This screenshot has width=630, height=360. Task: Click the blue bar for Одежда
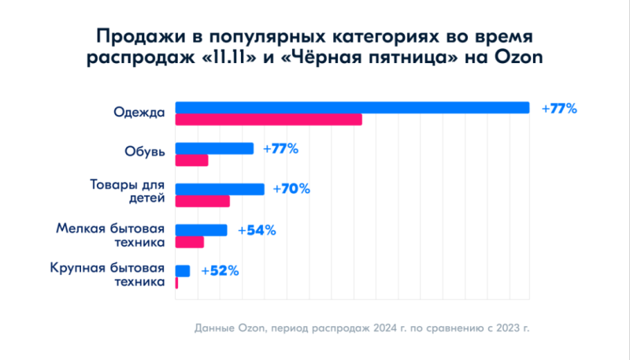tap(351, 108)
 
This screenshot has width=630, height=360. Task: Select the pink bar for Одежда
tap(268, 120)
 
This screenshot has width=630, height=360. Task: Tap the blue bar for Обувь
tap(214, 148)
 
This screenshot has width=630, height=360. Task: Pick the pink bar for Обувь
tap(191, 161)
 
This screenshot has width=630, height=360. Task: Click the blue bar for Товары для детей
tap(219, 189)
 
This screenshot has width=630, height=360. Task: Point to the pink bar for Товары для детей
tap(202, 201)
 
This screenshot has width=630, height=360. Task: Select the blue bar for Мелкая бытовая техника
tap(201, 230)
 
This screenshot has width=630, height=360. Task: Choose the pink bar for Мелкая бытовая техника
tap(189, 242)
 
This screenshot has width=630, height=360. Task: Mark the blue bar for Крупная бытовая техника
tap(182, 271)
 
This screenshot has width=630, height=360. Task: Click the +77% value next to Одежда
tap(559, 109)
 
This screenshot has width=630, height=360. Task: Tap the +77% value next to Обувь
tap(280, 149)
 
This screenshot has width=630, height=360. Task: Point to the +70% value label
tap(291, 189)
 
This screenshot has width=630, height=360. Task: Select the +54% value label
tap(256, 230)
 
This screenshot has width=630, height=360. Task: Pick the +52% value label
tap(220, 271)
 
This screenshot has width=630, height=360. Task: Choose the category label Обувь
tap(144, 153)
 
